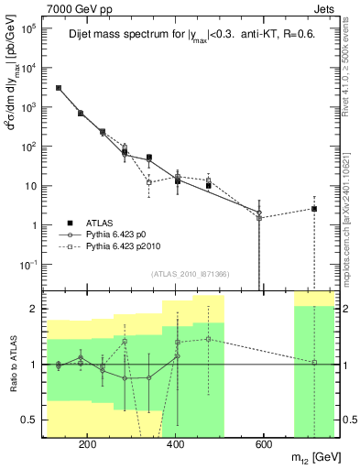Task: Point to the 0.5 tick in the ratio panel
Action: pyautogui.click(x=32, y=420)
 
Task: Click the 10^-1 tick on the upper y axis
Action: pyautogui.click(x=29, y=265)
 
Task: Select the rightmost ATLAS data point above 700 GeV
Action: pyautogui.click(x=314, y=209)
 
